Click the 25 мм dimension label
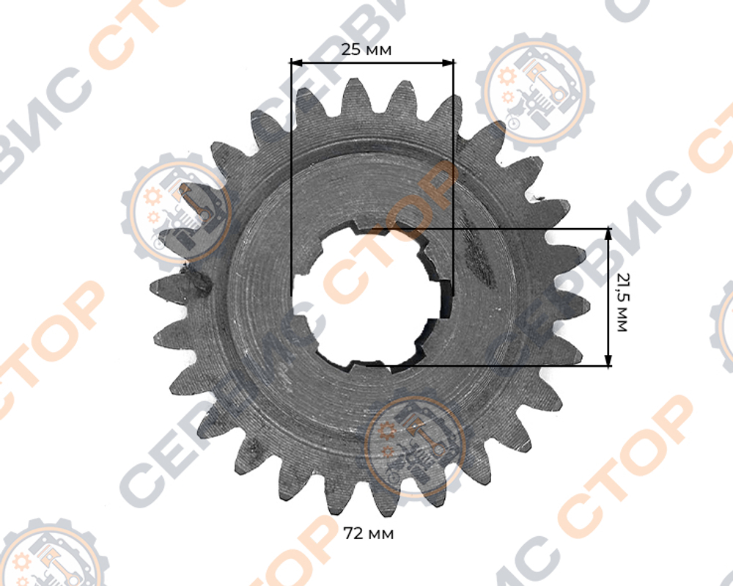coord(366,49)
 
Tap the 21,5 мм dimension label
coord(622,303)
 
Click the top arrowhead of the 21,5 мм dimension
coord(608,234)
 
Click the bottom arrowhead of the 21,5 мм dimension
coord(608,360)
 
